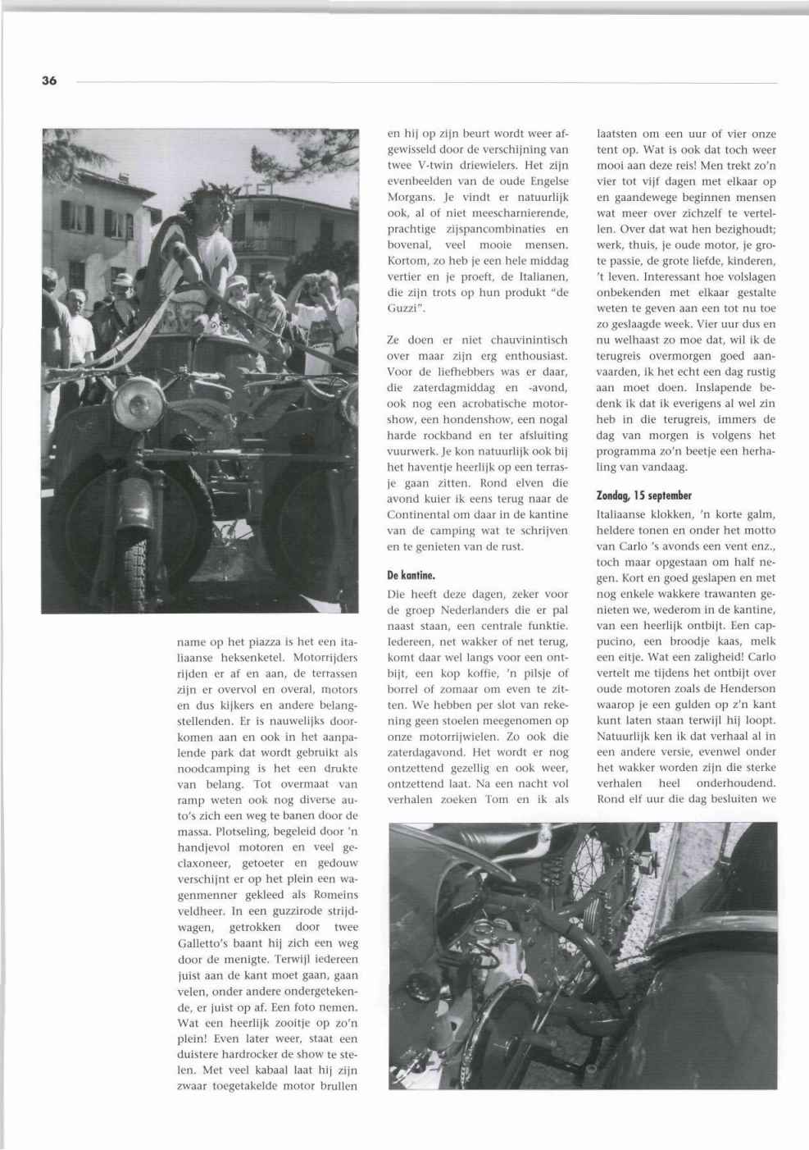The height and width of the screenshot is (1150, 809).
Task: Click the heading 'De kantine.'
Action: [411, 577]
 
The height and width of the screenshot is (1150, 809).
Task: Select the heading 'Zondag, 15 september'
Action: [644, 495]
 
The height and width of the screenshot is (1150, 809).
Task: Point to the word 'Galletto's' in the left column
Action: [206, 943]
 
